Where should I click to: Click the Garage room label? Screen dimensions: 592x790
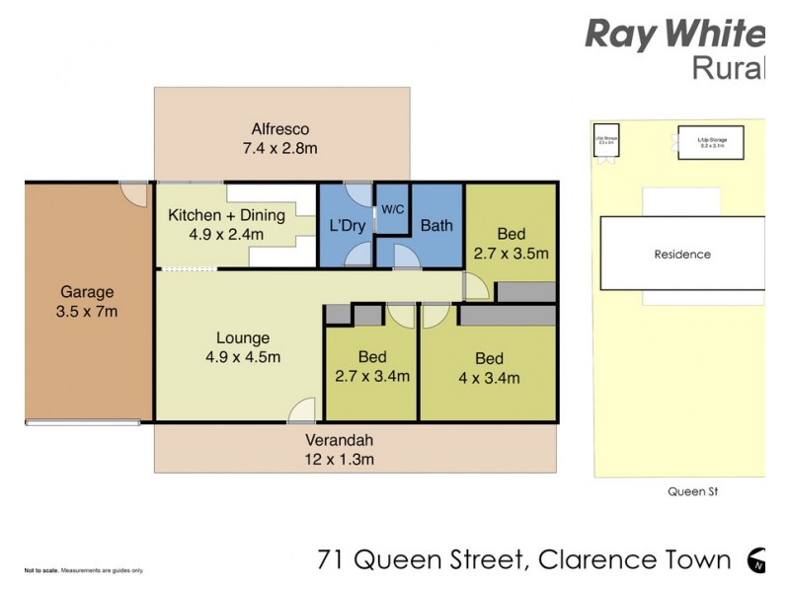(x=88, y=292)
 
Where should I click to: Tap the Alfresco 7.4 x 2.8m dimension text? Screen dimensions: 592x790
(x=280, y=149)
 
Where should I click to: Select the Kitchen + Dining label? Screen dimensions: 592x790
(x=226, y=215)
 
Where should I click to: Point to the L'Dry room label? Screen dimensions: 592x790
(x=347, y=226)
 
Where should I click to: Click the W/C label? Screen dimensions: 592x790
(x=393, y=209)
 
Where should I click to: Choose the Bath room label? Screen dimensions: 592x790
(x=435, y=226)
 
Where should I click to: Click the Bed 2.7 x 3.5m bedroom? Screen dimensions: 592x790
(x=511, y=243)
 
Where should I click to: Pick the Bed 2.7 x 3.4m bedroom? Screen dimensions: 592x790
(x=371, y=366)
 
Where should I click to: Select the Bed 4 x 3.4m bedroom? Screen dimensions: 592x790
(x=488, y=368)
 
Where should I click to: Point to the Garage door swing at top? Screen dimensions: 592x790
(x=132, y=193)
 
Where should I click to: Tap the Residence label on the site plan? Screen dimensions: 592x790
(x=682, y=255)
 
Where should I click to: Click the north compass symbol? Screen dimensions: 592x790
(x=757, y=560)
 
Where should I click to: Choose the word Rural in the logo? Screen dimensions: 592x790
(x=728, y=68)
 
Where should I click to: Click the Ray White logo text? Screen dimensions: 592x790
(x=674, y=35)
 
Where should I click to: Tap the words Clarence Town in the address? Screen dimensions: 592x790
(x=633, y=561)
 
